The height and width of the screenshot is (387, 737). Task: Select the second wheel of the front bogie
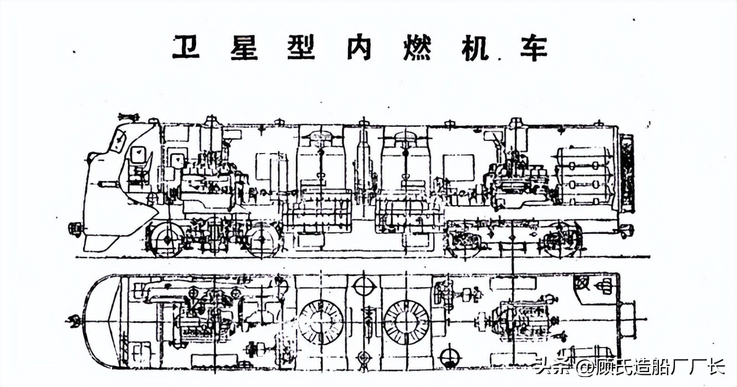[262, 240]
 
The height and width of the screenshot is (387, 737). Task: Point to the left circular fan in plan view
[320, 322]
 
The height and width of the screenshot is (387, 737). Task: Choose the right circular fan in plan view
[406, 322]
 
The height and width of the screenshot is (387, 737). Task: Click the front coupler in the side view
[74, 228]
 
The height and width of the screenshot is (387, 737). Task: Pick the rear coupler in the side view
[626, 229]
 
